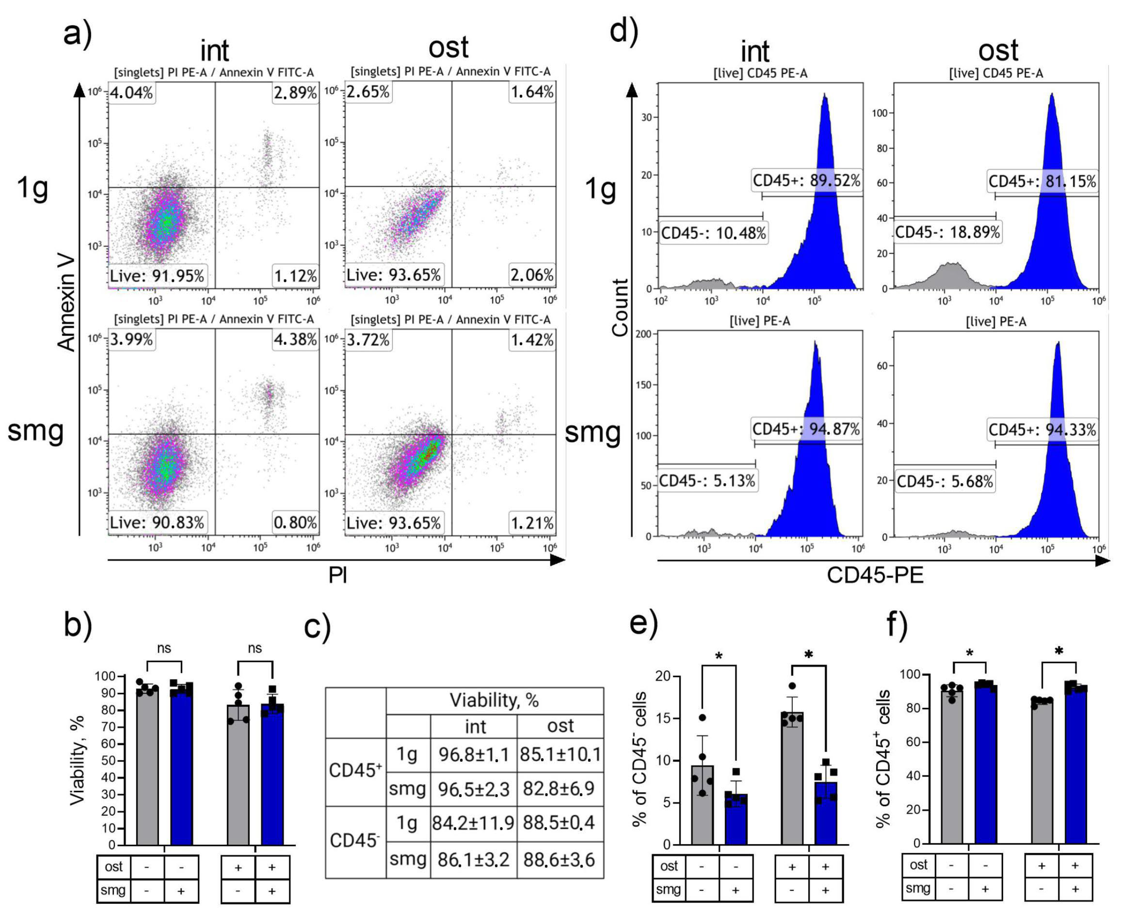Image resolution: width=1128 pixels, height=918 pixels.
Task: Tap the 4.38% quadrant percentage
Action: pos(295,339)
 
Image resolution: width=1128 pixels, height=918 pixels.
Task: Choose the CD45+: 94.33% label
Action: pos(1042,429)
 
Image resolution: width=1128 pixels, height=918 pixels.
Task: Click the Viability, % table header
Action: pos(494,700)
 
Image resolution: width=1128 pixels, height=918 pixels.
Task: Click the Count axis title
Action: pos(620,307)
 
